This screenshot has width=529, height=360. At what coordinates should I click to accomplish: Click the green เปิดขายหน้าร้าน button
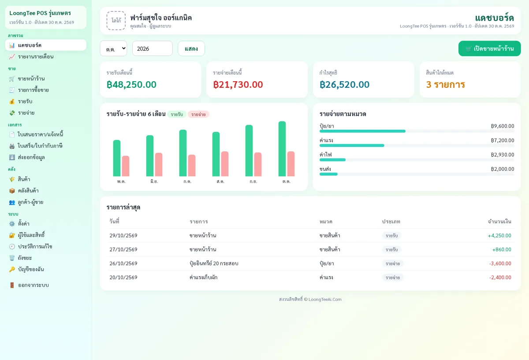click(x=489, y=49)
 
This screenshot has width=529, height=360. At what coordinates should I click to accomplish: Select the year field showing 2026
click(x=153, y=49)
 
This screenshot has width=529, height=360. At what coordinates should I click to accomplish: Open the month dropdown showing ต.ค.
click(x=114, y=49)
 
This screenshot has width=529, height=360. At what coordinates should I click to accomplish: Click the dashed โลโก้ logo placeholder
click(x=116, y=21)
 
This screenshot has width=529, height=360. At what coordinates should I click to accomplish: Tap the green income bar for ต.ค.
click(x=282, y=149)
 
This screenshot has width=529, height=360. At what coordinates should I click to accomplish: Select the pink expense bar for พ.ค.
click(x=126, y=166)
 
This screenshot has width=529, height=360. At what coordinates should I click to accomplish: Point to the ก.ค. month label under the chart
click(x=187, y=181)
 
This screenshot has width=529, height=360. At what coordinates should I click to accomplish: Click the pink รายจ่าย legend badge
click(x=198, y=114)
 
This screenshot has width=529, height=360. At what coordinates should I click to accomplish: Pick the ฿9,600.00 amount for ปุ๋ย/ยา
click(x=502, y=126)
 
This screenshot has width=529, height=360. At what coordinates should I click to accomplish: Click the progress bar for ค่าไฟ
click(x=417, y=160)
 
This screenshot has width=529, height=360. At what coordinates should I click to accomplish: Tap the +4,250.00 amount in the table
click(x=499, y=236)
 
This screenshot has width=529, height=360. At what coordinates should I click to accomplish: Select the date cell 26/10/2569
click(x=123, y=263)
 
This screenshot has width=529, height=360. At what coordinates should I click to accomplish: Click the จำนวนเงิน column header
click(x=499, y=221)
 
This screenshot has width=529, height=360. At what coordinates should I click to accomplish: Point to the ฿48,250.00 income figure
click(x=131, y=85)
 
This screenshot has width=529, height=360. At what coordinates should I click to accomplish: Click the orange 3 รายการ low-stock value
click(x=445, y=85)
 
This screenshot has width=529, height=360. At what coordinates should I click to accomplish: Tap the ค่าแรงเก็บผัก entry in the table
click(x=203, y=277)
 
